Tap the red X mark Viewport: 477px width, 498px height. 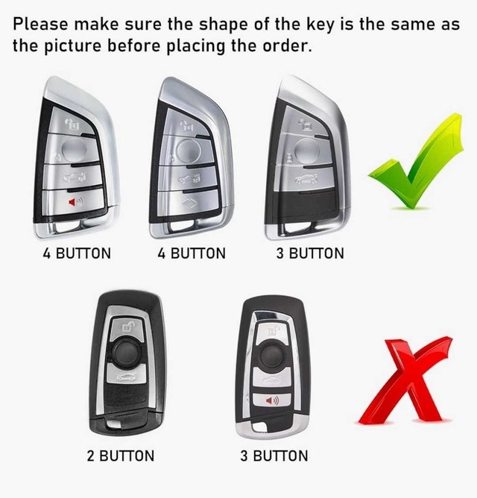click(x=404, y=381)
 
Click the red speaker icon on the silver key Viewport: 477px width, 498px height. click(x=75, y=202)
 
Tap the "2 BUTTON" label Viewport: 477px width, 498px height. click(x=121, y=456)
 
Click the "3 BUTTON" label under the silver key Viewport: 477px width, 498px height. click(x=310, y=253)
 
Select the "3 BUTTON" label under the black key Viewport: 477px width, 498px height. click(x=274, y=456)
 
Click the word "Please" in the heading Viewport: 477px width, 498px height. click(x=40, y=24)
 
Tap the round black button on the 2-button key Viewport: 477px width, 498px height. click(x=127, y=353)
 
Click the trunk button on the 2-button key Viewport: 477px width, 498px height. click(x=127, y=376)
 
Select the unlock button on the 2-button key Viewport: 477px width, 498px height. click(x=127, y=328)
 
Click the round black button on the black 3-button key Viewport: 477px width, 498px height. click(x=272, y=355)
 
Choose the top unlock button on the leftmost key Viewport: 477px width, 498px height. click(x=72, y=122)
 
